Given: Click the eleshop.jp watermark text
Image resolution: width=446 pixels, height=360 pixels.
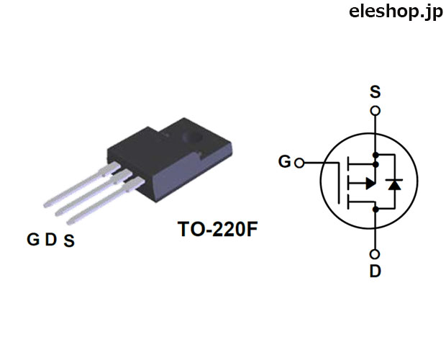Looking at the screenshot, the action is pos(396,12).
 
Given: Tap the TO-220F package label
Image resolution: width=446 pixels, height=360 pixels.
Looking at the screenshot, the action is pos(217,230).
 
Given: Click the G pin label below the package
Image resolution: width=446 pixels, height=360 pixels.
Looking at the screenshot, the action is pos(33,239).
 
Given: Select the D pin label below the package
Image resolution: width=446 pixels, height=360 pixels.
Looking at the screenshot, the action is pos(51,239).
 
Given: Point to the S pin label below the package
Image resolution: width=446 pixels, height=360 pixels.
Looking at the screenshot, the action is pos(69,240).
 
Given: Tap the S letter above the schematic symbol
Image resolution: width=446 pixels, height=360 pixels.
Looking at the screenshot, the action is pos(375,91).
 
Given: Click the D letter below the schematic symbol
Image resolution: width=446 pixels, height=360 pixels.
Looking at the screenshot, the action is pos(376,271).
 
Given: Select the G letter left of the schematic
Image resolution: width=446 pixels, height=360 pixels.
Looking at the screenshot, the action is pos(284,162).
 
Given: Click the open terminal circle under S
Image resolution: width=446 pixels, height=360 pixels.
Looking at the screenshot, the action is pos(376,111).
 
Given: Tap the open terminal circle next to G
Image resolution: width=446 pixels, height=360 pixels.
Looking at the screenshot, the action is pos(299,163).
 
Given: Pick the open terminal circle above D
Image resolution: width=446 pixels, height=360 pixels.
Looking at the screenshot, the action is pos(376,254).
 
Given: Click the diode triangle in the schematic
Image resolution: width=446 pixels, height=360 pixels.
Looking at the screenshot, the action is pos(394,185).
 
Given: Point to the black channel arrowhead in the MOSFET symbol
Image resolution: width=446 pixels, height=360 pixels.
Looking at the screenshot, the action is pos(370,184).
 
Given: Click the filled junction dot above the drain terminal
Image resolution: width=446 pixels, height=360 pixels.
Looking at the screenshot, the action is pos(376,210).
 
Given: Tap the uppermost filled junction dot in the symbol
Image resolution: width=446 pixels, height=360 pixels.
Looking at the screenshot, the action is pos(376,155).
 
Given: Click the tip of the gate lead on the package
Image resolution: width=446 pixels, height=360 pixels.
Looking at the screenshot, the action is pos(45,205).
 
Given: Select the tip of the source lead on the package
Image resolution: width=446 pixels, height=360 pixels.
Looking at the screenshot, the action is pos(68,222).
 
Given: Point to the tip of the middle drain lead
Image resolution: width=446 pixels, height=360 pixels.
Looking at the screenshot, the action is pos(57,213).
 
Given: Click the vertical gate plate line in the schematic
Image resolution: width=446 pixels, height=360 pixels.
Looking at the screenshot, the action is pos(339,184).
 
